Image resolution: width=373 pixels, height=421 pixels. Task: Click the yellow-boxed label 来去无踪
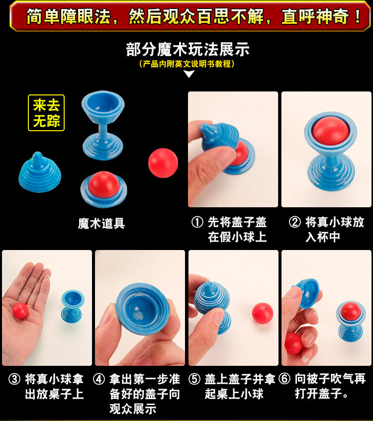(x=46, y=113)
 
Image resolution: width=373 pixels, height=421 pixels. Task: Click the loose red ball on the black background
(x=163, y=163)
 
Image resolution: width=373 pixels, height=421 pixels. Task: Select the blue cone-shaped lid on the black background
(x=40, y=172)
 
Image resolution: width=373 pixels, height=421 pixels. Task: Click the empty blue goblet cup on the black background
(x=103, y=125)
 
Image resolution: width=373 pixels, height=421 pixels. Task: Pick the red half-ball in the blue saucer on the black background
(x=104, y=184)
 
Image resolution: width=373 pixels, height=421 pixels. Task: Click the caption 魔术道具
(x=101, y=223)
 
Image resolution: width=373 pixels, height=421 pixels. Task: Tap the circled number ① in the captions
(x=197, y=222)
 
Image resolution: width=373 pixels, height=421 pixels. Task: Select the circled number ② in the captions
(x=295, y=222)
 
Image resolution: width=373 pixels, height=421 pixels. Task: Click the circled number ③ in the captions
(x=14, y=379)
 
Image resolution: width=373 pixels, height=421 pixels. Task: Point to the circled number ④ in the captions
(x=99, y=379)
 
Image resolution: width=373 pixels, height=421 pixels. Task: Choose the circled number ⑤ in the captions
(x=194, y=379)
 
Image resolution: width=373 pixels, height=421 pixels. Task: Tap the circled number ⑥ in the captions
(x=284, y=379)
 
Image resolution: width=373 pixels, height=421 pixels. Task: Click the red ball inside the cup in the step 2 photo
(x=331, y=131)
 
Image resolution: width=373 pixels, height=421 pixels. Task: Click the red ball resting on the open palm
(x=20, y=311)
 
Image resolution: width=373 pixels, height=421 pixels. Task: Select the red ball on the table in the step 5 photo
(x=263, y=313)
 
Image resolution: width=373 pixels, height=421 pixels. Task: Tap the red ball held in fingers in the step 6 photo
(x=293, y=343)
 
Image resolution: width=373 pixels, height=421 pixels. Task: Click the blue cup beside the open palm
(x=73, y=306)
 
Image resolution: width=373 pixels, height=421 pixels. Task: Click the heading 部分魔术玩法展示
(x=188, y=50)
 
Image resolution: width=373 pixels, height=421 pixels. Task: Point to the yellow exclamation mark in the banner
(x=358, y=16)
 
